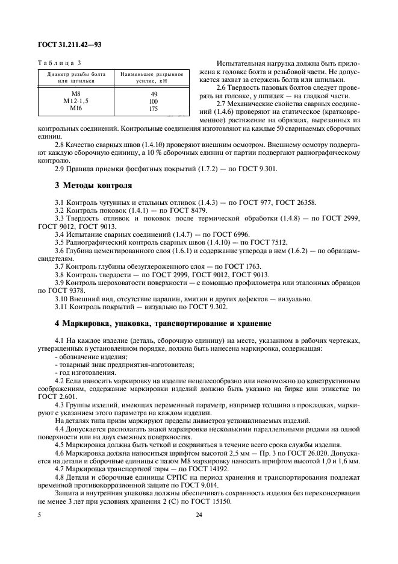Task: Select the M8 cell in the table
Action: [x=76, y=94]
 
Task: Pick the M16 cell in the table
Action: [x=76, y=108]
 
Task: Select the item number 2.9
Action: [x=60, y=169]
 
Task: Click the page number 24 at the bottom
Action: [x=199, y=532]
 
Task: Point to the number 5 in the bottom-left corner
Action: [x=39, y=532]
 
